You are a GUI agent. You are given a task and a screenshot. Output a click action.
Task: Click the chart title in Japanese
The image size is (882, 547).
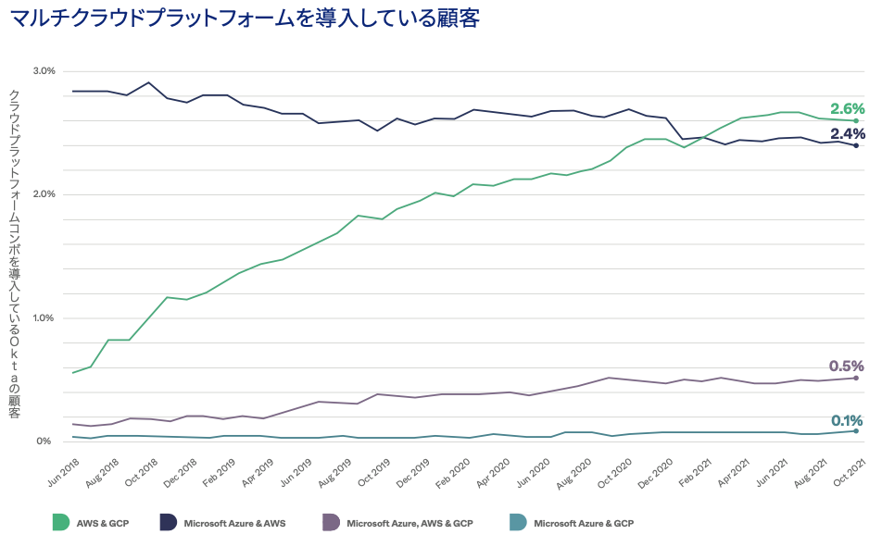[245, 19]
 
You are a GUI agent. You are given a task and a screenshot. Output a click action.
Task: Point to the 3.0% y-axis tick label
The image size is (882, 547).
[44, 70]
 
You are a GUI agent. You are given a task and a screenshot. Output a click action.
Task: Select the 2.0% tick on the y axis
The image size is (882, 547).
[44, 194]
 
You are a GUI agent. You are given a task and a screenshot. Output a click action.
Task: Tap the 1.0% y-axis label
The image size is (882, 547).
[44, 317]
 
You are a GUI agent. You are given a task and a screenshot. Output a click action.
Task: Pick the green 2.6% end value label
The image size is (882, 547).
[847, 107]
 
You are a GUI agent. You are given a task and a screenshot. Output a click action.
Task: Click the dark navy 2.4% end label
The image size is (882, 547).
[847, 133]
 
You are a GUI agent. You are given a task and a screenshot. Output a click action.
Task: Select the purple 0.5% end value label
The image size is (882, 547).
[847, 366]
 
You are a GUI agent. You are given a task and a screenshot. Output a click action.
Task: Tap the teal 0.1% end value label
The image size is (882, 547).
[847, 419]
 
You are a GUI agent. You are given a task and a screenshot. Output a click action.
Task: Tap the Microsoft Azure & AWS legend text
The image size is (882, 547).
[235, 523]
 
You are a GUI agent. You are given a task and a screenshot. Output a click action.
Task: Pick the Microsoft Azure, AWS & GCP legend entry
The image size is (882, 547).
[409, 523]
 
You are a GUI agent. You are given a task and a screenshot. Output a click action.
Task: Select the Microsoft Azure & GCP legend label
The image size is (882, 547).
[583, 523]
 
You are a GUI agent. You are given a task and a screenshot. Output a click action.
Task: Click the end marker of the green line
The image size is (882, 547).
[856, 120]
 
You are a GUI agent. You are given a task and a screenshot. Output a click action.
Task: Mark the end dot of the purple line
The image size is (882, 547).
[856, 378]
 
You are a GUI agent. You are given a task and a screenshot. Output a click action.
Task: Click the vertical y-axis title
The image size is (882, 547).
[14, 254]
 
